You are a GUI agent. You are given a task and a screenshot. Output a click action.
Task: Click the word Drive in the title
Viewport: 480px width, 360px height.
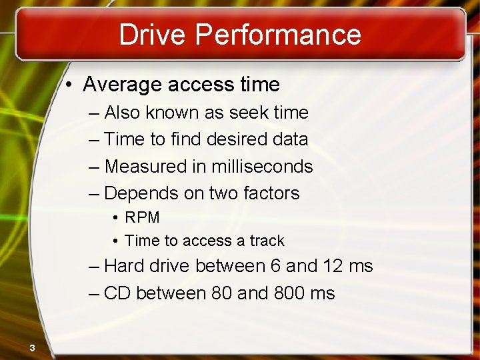(148, 35)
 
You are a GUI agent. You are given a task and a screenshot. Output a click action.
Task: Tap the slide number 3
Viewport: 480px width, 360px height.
(31, 347)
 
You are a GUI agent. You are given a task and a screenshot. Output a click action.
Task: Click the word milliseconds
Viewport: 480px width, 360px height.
(261, 166)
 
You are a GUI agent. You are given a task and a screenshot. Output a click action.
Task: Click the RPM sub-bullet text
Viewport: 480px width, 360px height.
(142, 218)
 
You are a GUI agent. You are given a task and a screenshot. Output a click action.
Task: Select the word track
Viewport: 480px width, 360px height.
(267, 241)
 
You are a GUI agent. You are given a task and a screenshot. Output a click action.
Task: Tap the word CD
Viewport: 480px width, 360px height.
(117, 293)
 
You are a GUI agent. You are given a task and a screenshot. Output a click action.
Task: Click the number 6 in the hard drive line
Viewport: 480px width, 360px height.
(275, 267)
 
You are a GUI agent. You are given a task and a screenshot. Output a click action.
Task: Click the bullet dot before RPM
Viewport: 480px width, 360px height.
(116, 218)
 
